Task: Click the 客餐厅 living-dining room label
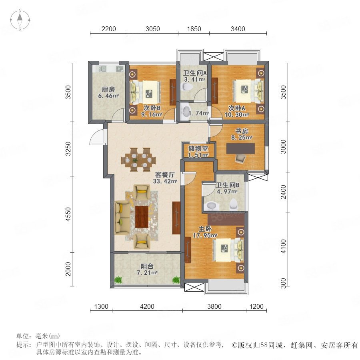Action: tap(166, 175)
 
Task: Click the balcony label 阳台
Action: tap(146, 266)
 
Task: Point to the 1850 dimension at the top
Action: tap(193, 28)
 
